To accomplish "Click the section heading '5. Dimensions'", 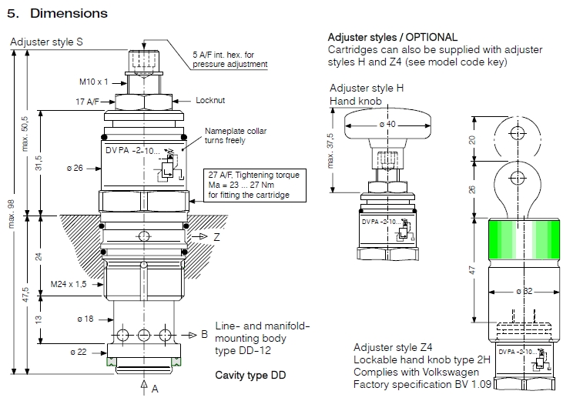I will pyautogui.click(x=57, y=13).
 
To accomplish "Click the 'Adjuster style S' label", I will pyautogui.click(x=46, y=42).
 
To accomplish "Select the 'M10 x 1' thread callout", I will pyautogui.click(x=95, y=80).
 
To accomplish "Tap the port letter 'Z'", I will pyautogui.click(x=217, y=238).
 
